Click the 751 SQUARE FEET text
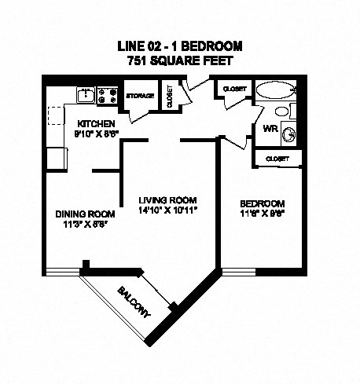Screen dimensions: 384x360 (x=180, y=60)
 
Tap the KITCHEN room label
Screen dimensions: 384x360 (x=97, y=124)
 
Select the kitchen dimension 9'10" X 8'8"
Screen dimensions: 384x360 (x=97, y=134)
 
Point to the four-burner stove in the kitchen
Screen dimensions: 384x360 (x=109, y=97)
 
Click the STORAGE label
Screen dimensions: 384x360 (x=140, y=97)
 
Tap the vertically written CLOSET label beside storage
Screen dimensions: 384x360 (x=169, y=96)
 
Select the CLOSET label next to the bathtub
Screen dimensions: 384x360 (x=235, y=89)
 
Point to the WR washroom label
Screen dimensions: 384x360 (x=270, y=128)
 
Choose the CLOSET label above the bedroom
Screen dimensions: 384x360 (x=277, y=159)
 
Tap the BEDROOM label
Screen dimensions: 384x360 (x=262, y=203)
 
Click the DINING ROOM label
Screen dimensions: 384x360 (x=85, y=214)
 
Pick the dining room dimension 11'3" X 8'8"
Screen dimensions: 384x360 (x=85, y=224)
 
